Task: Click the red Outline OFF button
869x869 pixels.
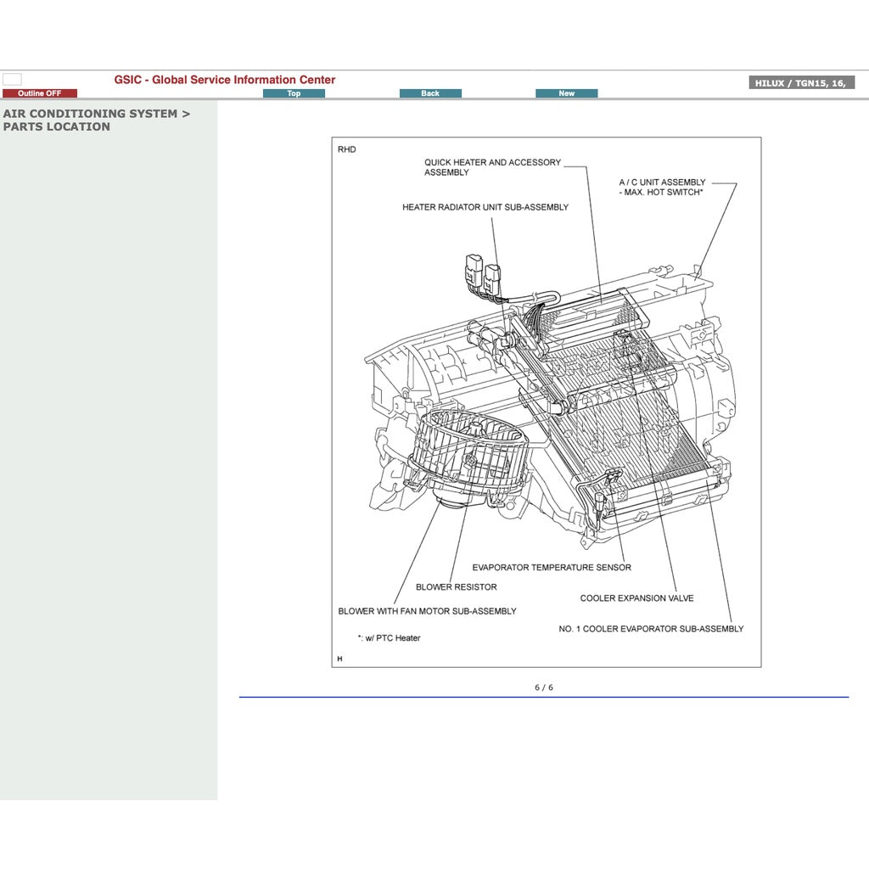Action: pyautogui.click(x=40, y=93)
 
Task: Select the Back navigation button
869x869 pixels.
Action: pyautogui.click(x=430, y=93)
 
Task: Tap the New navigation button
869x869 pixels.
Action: pyautogui.click(x=566, y=93)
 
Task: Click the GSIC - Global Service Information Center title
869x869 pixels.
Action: pyautogui.click(x=225, y=80)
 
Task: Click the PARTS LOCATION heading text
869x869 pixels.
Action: pyautogui.click(x=56, y=126)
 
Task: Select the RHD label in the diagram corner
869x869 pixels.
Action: pyautogui.click(x=346, y=149)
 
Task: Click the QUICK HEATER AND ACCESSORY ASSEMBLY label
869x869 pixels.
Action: pyautogui.click(x=492, y=167)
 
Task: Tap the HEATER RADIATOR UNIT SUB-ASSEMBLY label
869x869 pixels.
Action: pyautogui.click(x=485, y=207)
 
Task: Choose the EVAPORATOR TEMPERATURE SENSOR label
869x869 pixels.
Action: pyautogui.click(x=552, y=568)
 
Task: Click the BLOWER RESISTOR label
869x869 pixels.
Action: pyautogui.click(x=457, y=587)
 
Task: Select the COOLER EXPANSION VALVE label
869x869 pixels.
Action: pyautogui.click(x=636, y=598)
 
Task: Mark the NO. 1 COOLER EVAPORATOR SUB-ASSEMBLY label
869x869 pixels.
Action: pyautogui.click(x=651, y=629)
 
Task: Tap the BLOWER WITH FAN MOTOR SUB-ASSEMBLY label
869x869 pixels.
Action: pyautogui.click(x=427, y=611)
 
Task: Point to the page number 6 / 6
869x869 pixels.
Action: pyautogui.click(x=543, y=687)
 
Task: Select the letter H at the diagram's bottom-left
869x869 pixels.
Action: pyautogui.click(x=339, y=659)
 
